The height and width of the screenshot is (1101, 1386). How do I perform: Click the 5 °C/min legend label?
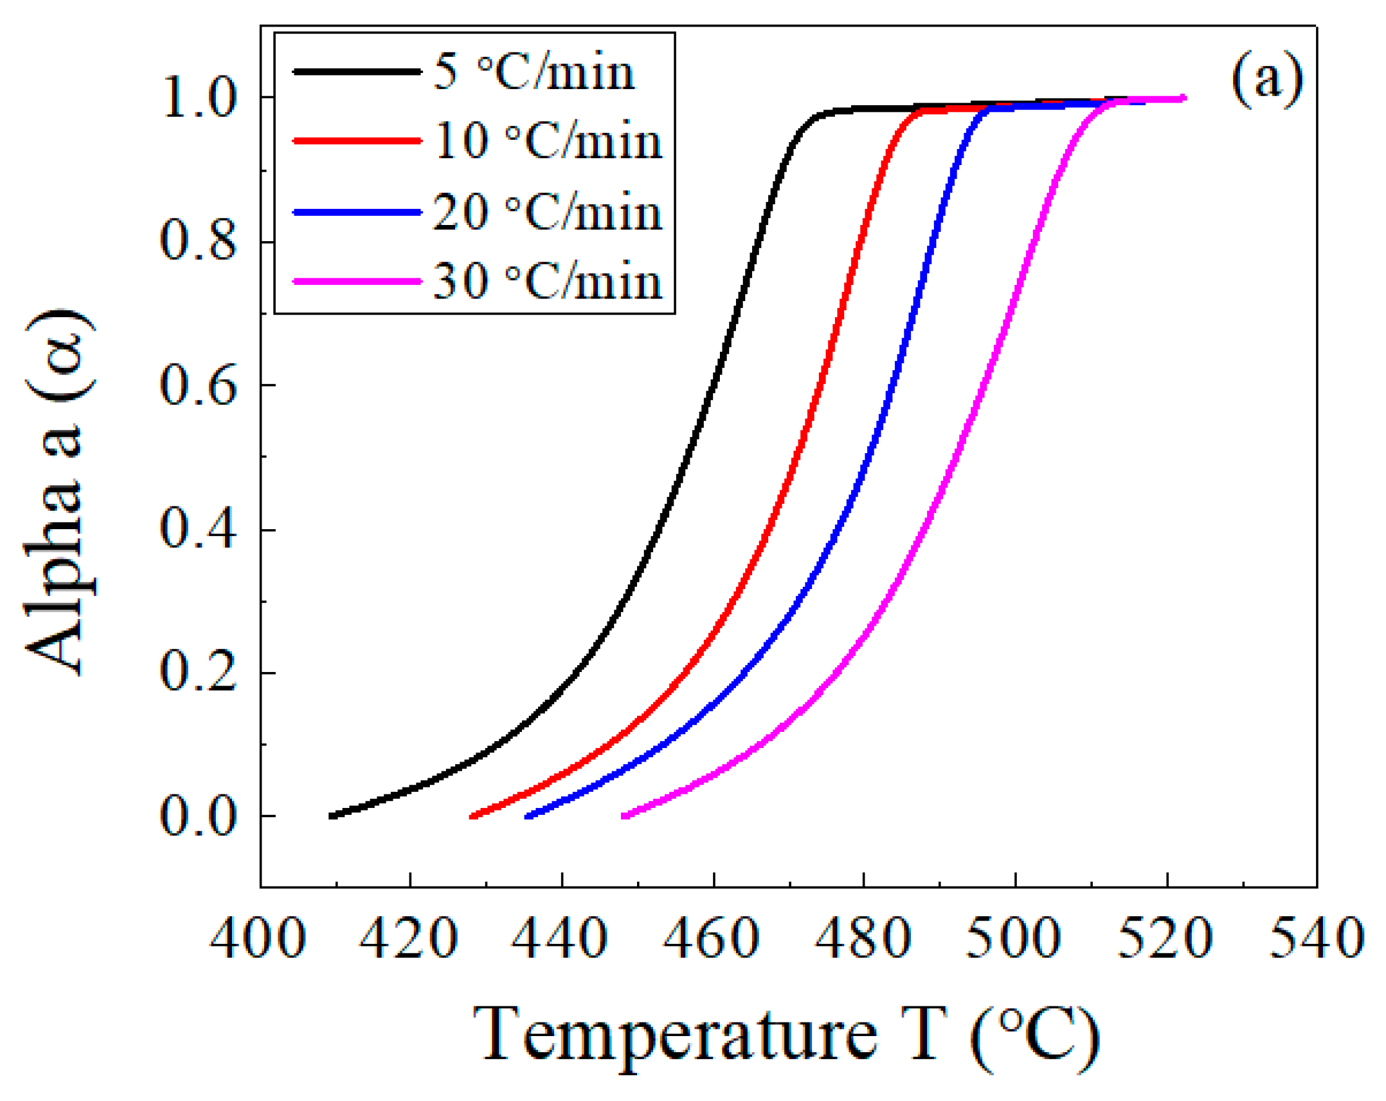[x=534, y=72]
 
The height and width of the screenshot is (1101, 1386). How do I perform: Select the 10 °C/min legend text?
[x=548, y=142]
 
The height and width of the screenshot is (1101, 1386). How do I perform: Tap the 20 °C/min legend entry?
[x=548, y=212]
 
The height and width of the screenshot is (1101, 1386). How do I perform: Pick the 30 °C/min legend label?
[x=548, y=281]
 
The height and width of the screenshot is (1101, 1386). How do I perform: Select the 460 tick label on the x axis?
[x=712, y=940]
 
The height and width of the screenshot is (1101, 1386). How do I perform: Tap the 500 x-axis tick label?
[x=1014, y=940]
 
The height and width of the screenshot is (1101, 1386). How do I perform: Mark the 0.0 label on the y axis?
[x=197, y=817]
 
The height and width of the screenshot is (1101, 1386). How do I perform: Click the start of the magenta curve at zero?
[x=624, y=815]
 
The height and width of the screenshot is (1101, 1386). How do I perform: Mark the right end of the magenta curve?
[x=1183, y=98]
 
